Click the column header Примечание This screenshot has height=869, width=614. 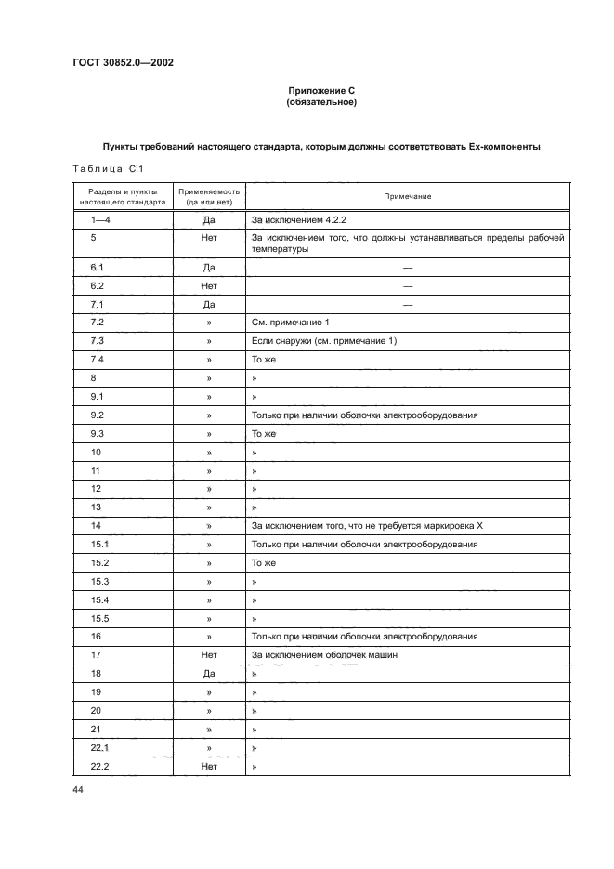[407, 196]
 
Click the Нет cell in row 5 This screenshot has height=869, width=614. [209, 237]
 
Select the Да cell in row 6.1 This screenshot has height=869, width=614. [209, 268]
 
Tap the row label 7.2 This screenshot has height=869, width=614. [98, 322]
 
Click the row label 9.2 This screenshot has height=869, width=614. [98, 415]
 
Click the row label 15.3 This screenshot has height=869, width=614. [100, 581]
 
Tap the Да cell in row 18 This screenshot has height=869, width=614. [209, 673]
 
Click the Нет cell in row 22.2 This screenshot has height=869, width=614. [209, 766]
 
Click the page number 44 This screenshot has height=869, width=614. [77, 789]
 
